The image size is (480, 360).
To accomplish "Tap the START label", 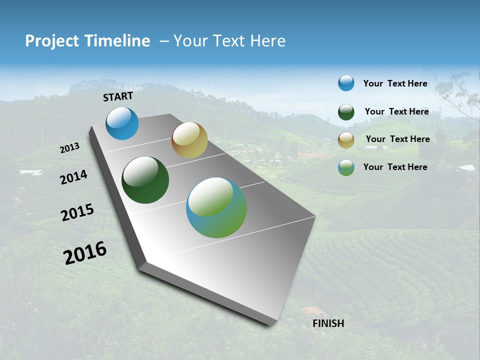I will [118, 96].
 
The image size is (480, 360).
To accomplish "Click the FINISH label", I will [328, 323].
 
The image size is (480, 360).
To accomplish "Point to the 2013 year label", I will [70, 148].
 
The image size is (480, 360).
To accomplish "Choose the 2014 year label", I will [74, 177].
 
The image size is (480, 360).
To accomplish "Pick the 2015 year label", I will [77, 212].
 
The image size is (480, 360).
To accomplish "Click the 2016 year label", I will [85, 253].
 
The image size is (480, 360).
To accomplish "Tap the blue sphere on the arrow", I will [122, 123].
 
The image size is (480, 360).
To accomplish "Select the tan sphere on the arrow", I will [189, 140].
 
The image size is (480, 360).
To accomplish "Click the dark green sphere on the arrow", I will [145, 180].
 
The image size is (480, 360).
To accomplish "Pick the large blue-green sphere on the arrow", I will [216, 207].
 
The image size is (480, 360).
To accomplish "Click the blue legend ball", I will [346, 83].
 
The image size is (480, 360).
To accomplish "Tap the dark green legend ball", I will [346, 112].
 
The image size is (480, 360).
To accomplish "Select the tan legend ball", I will [346, 140].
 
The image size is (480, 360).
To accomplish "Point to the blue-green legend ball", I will [346, 167].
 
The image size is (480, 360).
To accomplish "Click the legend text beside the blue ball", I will [395, 84].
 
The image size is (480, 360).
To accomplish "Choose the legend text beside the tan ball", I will [397, 139].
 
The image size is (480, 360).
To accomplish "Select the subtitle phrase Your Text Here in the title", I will [229, 41].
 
